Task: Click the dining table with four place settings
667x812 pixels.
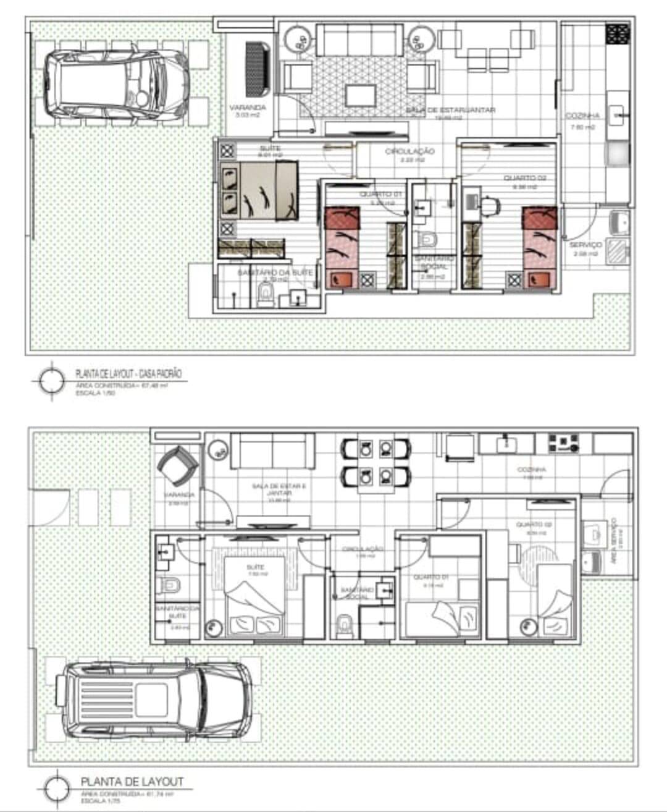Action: coord(375,465)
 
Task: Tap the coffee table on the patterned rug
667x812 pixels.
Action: coord(361,95)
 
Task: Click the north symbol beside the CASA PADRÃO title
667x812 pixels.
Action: coord(51,380)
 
